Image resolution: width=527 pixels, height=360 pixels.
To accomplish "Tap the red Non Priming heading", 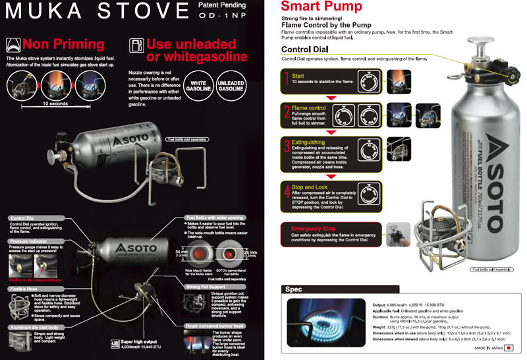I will [x=63, y=45].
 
